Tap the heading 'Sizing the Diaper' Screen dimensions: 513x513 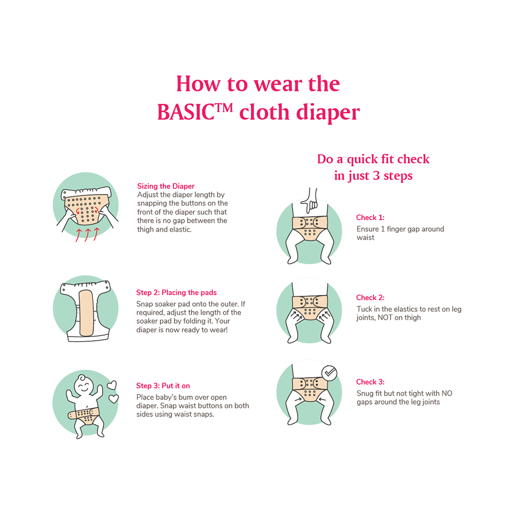[x=166, y=186]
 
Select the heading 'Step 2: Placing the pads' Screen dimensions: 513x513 [x=176, y=293]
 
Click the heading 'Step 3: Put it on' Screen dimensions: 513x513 [x=163, y=386]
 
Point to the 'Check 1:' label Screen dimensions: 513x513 [x=370, y=218]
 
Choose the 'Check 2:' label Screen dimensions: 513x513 [x=370, y=298]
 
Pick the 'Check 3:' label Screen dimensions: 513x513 [x=370, y=382]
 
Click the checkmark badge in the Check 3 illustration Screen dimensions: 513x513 [x=329, y=373]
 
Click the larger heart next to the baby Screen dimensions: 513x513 [x=111, y=385]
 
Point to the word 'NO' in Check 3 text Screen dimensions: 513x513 [x=447, y=393]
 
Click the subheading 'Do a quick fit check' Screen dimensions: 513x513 [x=373, y=159]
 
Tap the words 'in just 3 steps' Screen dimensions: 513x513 [x=373, y=176]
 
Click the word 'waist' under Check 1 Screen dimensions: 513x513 [x=366, y=238]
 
